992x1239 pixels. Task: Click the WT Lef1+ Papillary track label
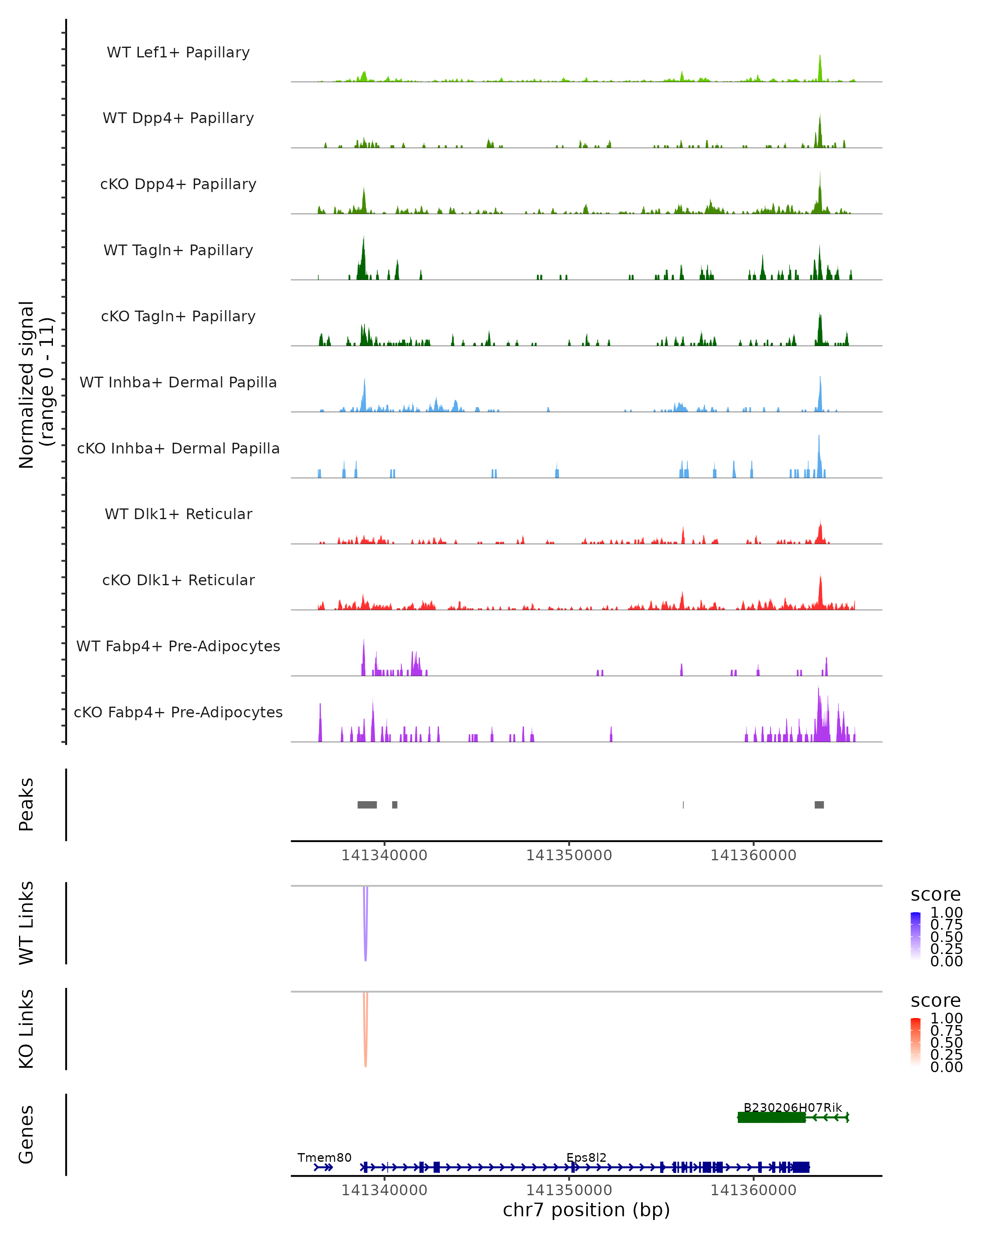tap(178, 52)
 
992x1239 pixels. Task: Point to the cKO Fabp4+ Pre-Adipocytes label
tap(178, 712)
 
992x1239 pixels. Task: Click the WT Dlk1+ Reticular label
tap(178, 514)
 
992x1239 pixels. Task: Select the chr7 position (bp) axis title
tap(586, 1210)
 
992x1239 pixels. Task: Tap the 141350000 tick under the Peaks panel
tap(569, 855)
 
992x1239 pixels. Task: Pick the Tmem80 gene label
tap(324, 1157)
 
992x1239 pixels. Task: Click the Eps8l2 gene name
tap(586, 1157)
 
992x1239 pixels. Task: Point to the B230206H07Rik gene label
tap(792, 1107)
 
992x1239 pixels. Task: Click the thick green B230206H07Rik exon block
tap(771, 1117)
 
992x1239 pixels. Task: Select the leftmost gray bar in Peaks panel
tap(367, 805)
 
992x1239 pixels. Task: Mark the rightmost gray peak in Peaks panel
tap(819, 805)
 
